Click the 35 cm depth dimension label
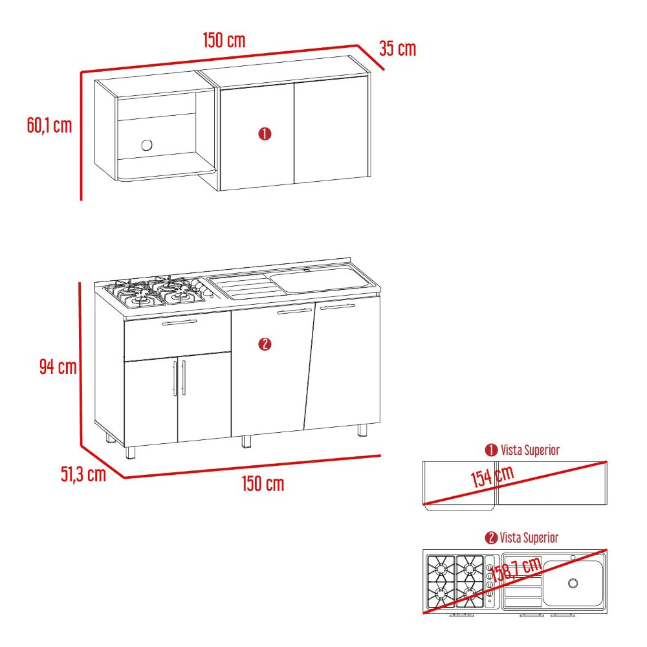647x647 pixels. [397, 49]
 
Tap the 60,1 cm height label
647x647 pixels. [50, 125]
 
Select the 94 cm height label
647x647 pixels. [58, 366]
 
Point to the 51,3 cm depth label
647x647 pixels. [83, 474]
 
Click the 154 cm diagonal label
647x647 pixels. [492, 476]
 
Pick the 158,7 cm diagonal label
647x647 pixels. [516, 569]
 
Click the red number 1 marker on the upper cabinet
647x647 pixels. [265, 134]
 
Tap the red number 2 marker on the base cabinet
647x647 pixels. [265, 344]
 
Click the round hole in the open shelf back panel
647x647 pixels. [147, 145]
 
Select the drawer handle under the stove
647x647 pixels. [179, 322]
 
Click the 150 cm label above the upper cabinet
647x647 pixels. [224, 40]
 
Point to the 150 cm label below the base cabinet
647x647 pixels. [263, 483]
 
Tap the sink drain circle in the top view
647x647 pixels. [573, 583]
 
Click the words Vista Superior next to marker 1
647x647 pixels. [531, 450]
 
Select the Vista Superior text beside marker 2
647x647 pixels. [529, 538]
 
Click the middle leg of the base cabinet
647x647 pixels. [247, 441]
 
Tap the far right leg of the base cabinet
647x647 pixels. [362, 430]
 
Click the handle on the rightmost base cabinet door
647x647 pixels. [338, 307]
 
